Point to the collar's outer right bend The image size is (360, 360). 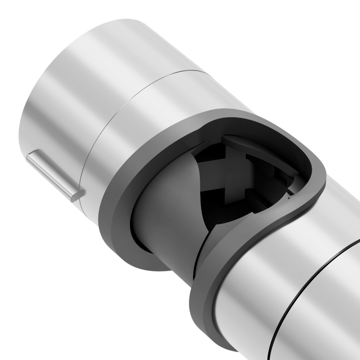point(320,180)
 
